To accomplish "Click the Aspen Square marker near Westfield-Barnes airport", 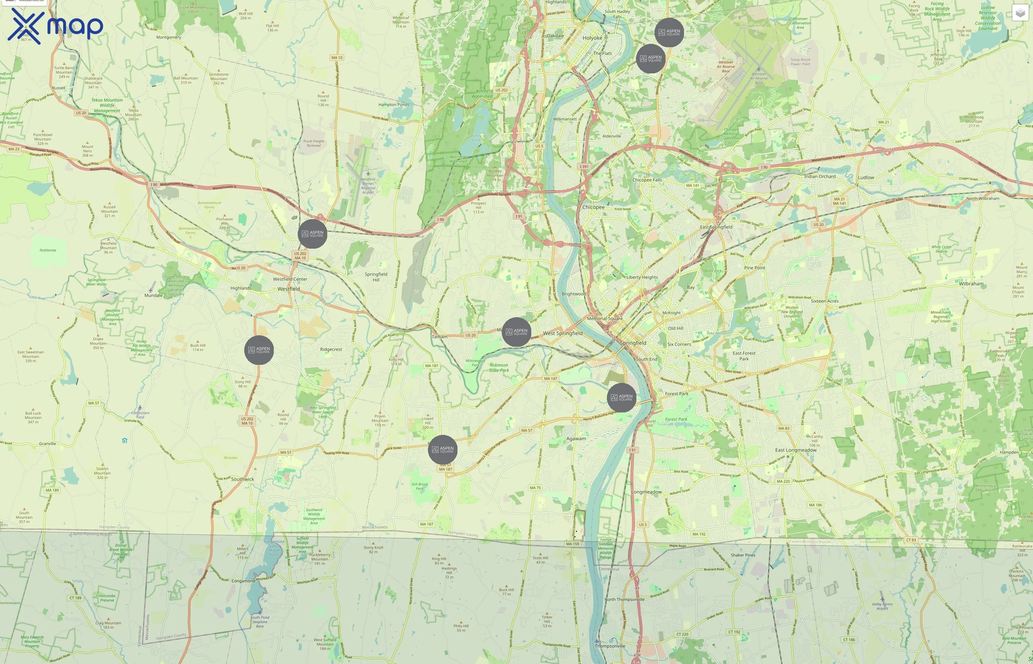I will [x=312, y=234].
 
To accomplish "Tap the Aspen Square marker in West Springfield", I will [x=516, y=332].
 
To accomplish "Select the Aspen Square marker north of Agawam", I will [x=621, y=398].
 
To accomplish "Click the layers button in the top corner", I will [x=1020, y=13].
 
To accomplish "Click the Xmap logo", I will [x=55, y=26].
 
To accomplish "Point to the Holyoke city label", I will [x=592, y=38].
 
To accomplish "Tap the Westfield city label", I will [x=289, y=289].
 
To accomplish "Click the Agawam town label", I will [x=576, y=439].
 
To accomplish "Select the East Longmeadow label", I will [x=795, y=450].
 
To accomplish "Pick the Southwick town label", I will [x=242, y=479].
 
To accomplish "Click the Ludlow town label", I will [x=866, y=177].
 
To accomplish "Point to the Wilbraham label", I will [x=971, y=284].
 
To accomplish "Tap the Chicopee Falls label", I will [x=647, y=180].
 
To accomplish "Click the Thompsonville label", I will [x=609, y=646].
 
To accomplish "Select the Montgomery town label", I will [x=169, y=38].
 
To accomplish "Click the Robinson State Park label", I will [x=499, y=367].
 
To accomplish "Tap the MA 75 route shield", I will [x=535, y=488].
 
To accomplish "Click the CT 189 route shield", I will [x=76, y=598].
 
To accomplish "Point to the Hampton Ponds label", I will [x=394, y=104].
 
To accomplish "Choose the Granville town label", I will [x=48, y=444].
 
